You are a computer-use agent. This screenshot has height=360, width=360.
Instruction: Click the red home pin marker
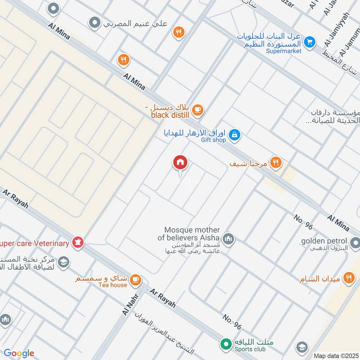[180, 162]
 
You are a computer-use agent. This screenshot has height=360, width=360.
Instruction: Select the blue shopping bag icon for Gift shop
[234, 134]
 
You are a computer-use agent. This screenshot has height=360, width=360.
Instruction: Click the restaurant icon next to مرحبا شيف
[276, 162]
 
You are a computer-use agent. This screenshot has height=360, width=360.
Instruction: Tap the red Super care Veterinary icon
[78, 243]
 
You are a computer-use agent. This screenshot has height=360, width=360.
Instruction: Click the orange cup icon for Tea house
[135, 280]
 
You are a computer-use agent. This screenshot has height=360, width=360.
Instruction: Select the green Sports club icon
[225, 344]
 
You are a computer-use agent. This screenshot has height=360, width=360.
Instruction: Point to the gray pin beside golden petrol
[355, 243]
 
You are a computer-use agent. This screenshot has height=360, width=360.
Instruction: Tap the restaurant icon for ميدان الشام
[348, 278]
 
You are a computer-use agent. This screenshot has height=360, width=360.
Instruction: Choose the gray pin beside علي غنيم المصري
[94, 22]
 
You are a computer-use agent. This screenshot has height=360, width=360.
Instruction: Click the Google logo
[19, 353]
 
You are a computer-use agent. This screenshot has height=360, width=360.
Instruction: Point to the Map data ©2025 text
[336, 355]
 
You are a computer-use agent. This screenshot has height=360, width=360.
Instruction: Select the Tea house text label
[112, 285]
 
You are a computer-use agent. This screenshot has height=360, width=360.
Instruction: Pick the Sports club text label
[250, 349]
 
